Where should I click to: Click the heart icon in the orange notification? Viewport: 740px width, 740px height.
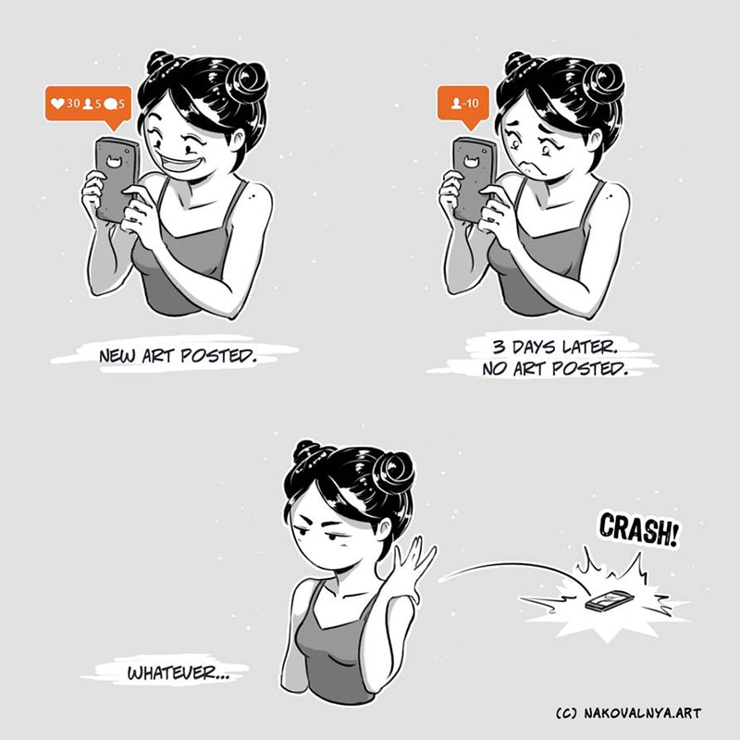[x=57, y=104]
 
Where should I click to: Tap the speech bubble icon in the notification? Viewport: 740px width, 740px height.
[x=110, y=104]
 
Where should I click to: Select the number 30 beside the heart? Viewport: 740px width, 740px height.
[x=73, y=104]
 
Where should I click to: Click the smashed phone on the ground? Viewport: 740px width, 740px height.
[x=607, y=600]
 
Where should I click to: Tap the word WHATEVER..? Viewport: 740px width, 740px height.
[x=171, y=673]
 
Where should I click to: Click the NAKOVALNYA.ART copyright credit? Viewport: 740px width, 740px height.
[x=642, y=712]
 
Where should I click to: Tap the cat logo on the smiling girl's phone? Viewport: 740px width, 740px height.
[x=113, y=161]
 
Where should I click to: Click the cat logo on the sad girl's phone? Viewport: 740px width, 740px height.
[x=470, y=161]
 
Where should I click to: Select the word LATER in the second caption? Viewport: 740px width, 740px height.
[x=590, y=348]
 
